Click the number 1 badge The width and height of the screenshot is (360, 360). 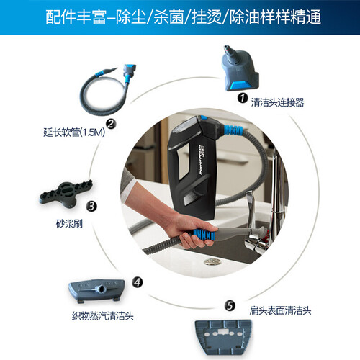tap(243, 98)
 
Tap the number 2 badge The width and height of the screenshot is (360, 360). tap(111, 124)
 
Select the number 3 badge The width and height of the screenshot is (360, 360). tap(91, 207)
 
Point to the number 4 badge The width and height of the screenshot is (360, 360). tap(138, 282)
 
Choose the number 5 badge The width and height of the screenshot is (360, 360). tap(230, 305)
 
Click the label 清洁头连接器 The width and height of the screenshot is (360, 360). tap(277, 102)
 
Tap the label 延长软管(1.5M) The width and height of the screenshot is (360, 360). tap(74, 132)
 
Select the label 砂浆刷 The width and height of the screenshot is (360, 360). tap(69, 224)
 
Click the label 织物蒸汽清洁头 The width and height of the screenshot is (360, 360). tap(103, 315)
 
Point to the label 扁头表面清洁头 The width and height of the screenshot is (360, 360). tap(280, 310)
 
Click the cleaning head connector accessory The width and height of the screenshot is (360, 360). tap(240, 68)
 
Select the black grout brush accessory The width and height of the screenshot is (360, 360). tap(66, 194)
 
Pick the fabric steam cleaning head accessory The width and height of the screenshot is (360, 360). tap(96, 289)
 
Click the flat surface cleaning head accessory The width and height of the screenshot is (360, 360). tap(223, 337)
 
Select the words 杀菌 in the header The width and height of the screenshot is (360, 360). tap(168, 17)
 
